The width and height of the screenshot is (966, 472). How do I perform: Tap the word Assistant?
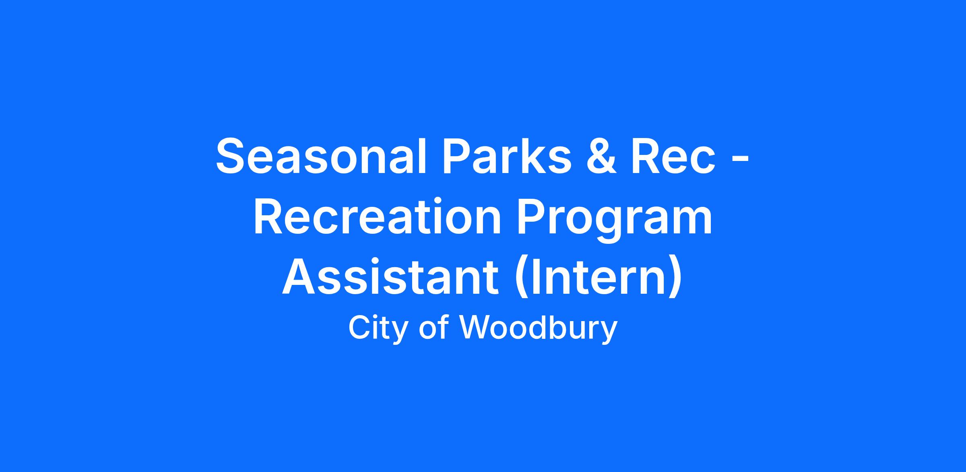(391, 277)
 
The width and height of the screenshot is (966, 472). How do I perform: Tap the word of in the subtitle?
(434, 328)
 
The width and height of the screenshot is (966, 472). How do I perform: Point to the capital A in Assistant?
(300, 277)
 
